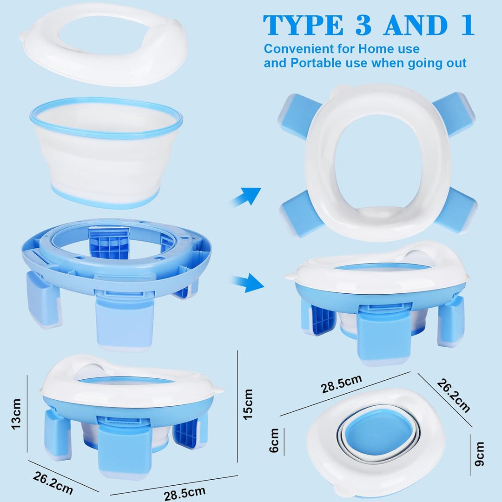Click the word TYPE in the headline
(x=303, y=25)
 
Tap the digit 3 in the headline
(x=363, y=25)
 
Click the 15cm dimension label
(x=248, y=404)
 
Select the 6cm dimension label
(x=274, y=440)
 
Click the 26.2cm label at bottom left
(x=53, y=483)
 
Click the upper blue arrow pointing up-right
(x=246, y=196)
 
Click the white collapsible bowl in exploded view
(x=106, y=152)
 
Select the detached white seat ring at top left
(x=106, y=45)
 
